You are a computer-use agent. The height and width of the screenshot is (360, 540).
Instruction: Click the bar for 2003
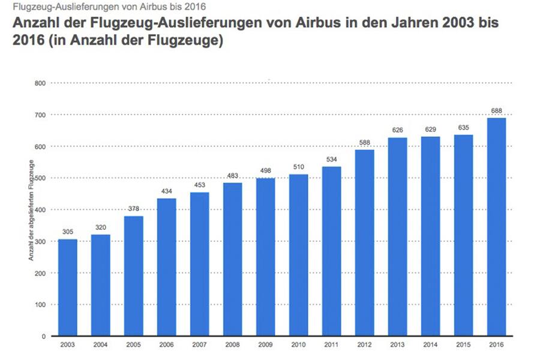pyautogui.click(x=67, y=287)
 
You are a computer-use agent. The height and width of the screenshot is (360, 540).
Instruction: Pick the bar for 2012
pyautogui.click(x=364, y=242)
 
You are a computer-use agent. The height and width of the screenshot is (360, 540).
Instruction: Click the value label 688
pyautogui.click(x=496, y=110)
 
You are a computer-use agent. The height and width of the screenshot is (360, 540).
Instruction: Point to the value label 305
pyautogui.click(x=67, y=232)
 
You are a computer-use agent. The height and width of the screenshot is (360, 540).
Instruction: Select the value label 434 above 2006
pyautogui.click(x=166, y=191)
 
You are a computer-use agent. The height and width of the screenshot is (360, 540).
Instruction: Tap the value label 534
pyautogui.click(x=331, y=159)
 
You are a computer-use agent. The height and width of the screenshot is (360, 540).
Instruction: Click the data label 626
pyautogui.click(x=397, y=130)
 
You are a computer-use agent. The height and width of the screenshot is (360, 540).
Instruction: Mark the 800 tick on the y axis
pyautogui.click(x=40, y=83)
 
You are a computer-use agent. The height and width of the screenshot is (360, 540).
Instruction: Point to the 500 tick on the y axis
pyautogui.click(x=40, y=178)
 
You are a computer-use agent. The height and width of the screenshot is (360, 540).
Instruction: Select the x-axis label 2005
pyautogui.click(x=133, y=345)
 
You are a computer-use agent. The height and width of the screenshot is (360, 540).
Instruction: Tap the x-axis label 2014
pyautogui.click(x=430, y=345)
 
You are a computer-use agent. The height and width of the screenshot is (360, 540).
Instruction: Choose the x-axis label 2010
pyautogui.click(x=298, y=345)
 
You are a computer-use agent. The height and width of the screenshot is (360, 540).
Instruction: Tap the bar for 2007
pyautogui.click(x=199, y=264)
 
